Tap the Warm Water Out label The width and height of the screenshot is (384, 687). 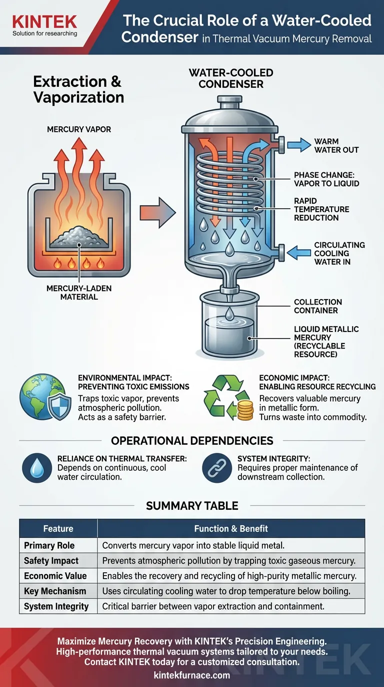(336, 145)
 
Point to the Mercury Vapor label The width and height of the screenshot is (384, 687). (79, 129)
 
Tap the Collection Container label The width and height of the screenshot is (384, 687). (318, 306)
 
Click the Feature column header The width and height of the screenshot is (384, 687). (58, 528)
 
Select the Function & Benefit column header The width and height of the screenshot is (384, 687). (231, 528)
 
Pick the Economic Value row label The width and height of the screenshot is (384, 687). (55, 576)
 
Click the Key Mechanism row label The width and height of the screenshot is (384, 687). (55, 591)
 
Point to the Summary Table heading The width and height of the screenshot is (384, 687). (192, 506)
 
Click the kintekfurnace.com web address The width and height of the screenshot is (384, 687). (192, 675)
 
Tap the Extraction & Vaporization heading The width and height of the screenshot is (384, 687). (78, 89)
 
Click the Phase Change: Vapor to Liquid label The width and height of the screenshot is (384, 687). (326, 179)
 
